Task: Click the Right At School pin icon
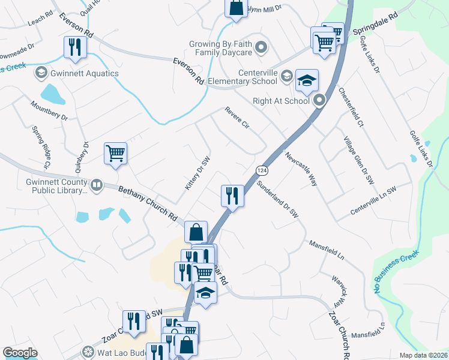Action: [319, 100]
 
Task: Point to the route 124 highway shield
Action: [261, 170]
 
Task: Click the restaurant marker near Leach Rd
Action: [75, 48]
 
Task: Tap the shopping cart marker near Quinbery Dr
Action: [115, 154]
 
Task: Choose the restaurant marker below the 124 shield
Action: [232, 196]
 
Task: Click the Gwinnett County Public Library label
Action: [54, 186]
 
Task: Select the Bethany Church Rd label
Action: [147, 203]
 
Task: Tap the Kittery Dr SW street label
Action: [197, 175]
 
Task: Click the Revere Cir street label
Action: [237, 118]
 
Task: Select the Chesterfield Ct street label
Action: [351, 107]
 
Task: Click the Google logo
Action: [20, 353]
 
